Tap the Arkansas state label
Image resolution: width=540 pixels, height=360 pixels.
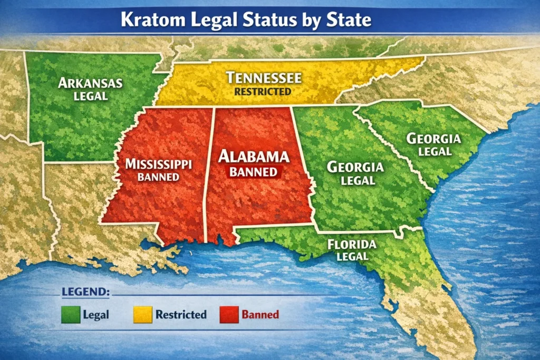coord(90,83)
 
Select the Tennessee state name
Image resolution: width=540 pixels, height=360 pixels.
coord(264,78)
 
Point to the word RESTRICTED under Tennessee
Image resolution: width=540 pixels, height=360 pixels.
coord(263,91)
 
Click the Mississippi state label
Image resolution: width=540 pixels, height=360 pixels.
coord(158,164)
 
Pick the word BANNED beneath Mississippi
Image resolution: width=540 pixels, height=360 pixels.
coord(158,177)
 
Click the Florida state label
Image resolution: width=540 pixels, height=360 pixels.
coord(352,245)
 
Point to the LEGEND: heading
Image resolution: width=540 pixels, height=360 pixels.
coord(86,291)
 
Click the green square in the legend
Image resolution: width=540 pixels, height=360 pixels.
coord(70,315)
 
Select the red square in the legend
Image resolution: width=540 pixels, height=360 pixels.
coord(228,315)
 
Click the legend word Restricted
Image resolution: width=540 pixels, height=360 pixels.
coord(180,315)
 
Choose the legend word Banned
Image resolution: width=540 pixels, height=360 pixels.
coord(260,315)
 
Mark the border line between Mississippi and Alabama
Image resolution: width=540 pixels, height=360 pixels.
coord(209,174)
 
